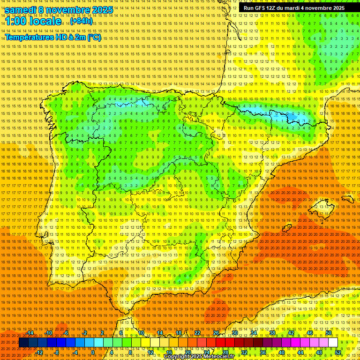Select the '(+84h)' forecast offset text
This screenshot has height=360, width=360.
(82, 21)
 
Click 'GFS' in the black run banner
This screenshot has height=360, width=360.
(264, 8)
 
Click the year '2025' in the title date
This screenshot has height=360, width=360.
(102, 10)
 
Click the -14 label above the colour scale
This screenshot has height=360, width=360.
(30, 333)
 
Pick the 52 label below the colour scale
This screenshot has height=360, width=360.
(338, 352)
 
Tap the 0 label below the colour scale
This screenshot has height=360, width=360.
(93, 352)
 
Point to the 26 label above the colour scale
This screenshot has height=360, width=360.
(216, 333)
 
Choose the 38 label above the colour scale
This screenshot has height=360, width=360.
(272, 333)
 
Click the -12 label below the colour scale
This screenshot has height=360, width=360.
(39, 352)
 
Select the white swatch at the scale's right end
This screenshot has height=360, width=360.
(333, 343)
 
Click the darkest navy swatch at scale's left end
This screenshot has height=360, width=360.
(23, 343)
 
